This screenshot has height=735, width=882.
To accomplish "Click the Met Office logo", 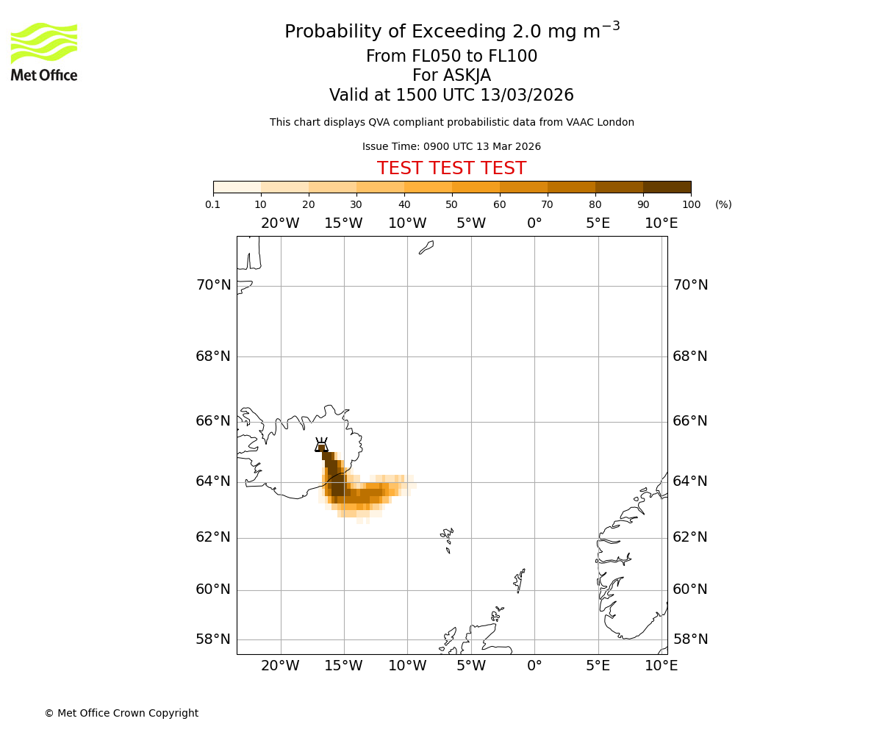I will pyautogui.click(x=44, y=51).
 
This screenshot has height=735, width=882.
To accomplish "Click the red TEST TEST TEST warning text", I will pyautogui.click(x=451, y=168).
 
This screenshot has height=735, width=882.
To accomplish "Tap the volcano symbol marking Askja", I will pyautogui.click(x=321, y=445).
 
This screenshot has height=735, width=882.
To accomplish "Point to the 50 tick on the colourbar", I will pyautogui.click(x=452, y=204).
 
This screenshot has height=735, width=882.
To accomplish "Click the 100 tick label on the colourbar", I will pyautogui.click(x=691, y=204).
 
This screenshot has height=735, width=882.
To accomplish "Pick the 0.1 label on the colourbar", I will pyautogui.click(x=213, y=204).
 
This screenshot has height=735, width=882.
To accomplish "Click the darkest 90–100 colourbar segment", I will pyautogui.click(x=667, y=187).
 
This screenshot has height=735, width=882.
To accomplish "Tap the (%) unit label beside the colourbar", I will pyautogui.click(x=723, y=204).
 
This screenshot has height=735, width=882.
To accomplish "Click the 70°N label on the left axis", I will pyautogui.click(x=213, y=285).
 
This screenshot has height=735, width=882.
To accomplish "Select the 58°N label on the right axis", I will pyautogui.click(x=690, y=639).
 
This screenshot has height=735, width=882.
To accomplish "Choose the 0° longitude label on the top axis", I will pyautogui.click(x=534, y=223).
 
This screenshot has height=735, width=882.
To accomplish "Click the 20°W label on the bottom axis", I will pyautogui.click(x=280, y=666).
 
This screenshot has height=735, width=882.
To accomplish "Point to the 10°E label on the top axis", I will pyautogui.click(x=661, y=223).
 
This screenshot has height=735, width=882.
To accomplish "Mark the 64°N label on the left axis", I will pyautogui.click(x=213, y=481).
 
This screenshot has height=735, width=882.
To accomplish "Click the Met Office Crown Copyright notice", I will pyautogui.click(x=121, y=713).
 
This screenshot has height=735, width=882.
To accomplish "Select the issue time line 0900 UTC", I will pyautogui.click(x=451, y=146).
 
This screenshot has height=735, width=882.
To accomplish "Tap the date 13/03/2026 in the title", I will pyautogui.click(x=527, y=96).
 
